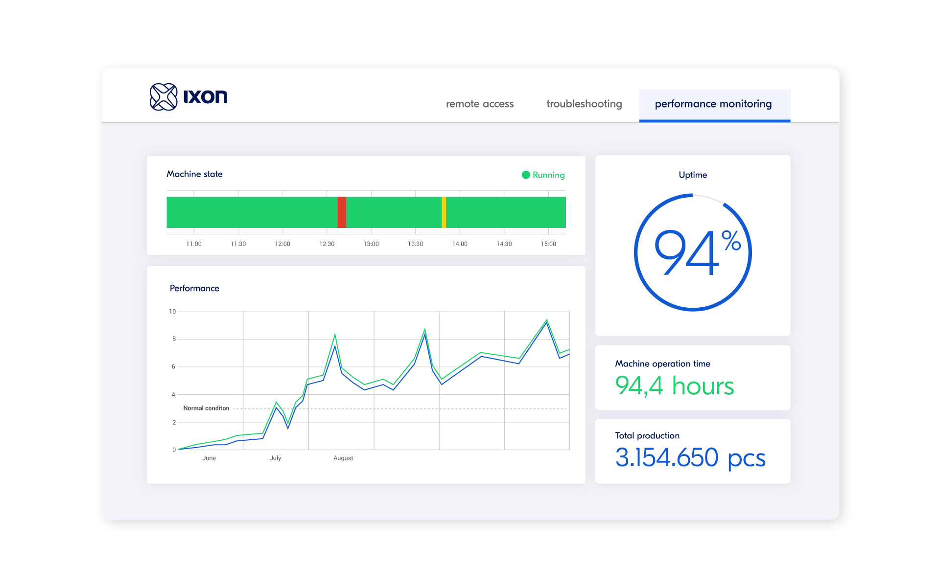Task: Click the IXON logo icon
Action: (x=164, y=97)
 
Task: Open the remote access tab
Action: (x=480, y=104)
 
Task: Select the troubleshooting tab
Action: (x=584, y=104)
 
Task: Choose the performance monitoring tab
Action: (x=713, y=104)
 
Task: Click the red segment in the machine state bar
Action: (x=342, y=212)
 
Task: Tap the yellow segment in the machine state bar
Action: (x=444, y=212)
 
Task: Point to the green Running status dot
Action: (x=526, y=175)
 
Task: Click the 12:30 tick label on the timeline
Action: (x=327, y=244)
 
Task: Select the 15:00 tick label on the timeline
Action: (x=548, y=244)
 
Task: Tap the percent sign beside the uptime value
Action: (x=731, y=241)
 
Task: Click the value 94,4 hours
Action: (x=674, y=386)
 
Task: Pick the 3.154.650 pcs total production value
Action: (x=690, y=458)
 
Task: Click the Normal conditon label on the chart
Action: (x=206, y=408)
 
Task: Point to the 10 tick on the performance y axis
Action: (x=172, y=312)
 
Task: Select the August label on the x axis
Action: (x=343, y=458)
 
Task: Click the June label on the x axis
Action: (x=209, y=458)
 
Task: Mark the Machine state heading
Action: (x=194, y=174)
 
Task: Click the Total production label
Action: (x=647, y=436)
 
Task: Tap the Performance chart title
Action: (x=194, y=289)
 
